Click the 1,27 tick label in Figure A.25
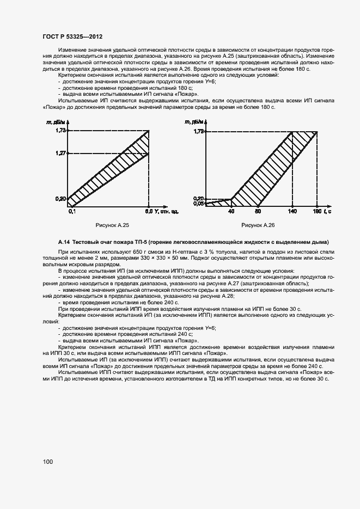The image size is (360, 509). (x=60, y=154)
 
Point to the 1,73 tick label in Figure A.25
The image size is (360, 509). (x=60, y=131)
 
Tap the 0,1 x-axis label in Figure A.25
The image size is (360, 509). (x=71, y=211)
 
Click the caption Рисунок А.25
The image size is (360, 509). (x=112, y=225)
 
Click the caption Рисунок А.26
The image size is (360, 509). (x=258, y=225)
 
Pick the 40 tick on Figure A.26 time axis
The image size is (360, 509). (x=231, y=211)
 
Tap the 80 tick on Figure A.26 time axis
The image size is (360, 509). (x=258, y=211)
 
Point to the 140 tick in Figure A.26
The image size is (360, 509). (x=292, y=211)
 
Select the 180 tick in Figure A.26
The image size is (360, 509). (x=317, y=211)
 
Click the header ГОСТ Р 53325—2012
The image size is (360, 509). (x=72, y=36)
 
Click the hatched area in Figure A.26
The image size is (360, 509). (x=267, y=174)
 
